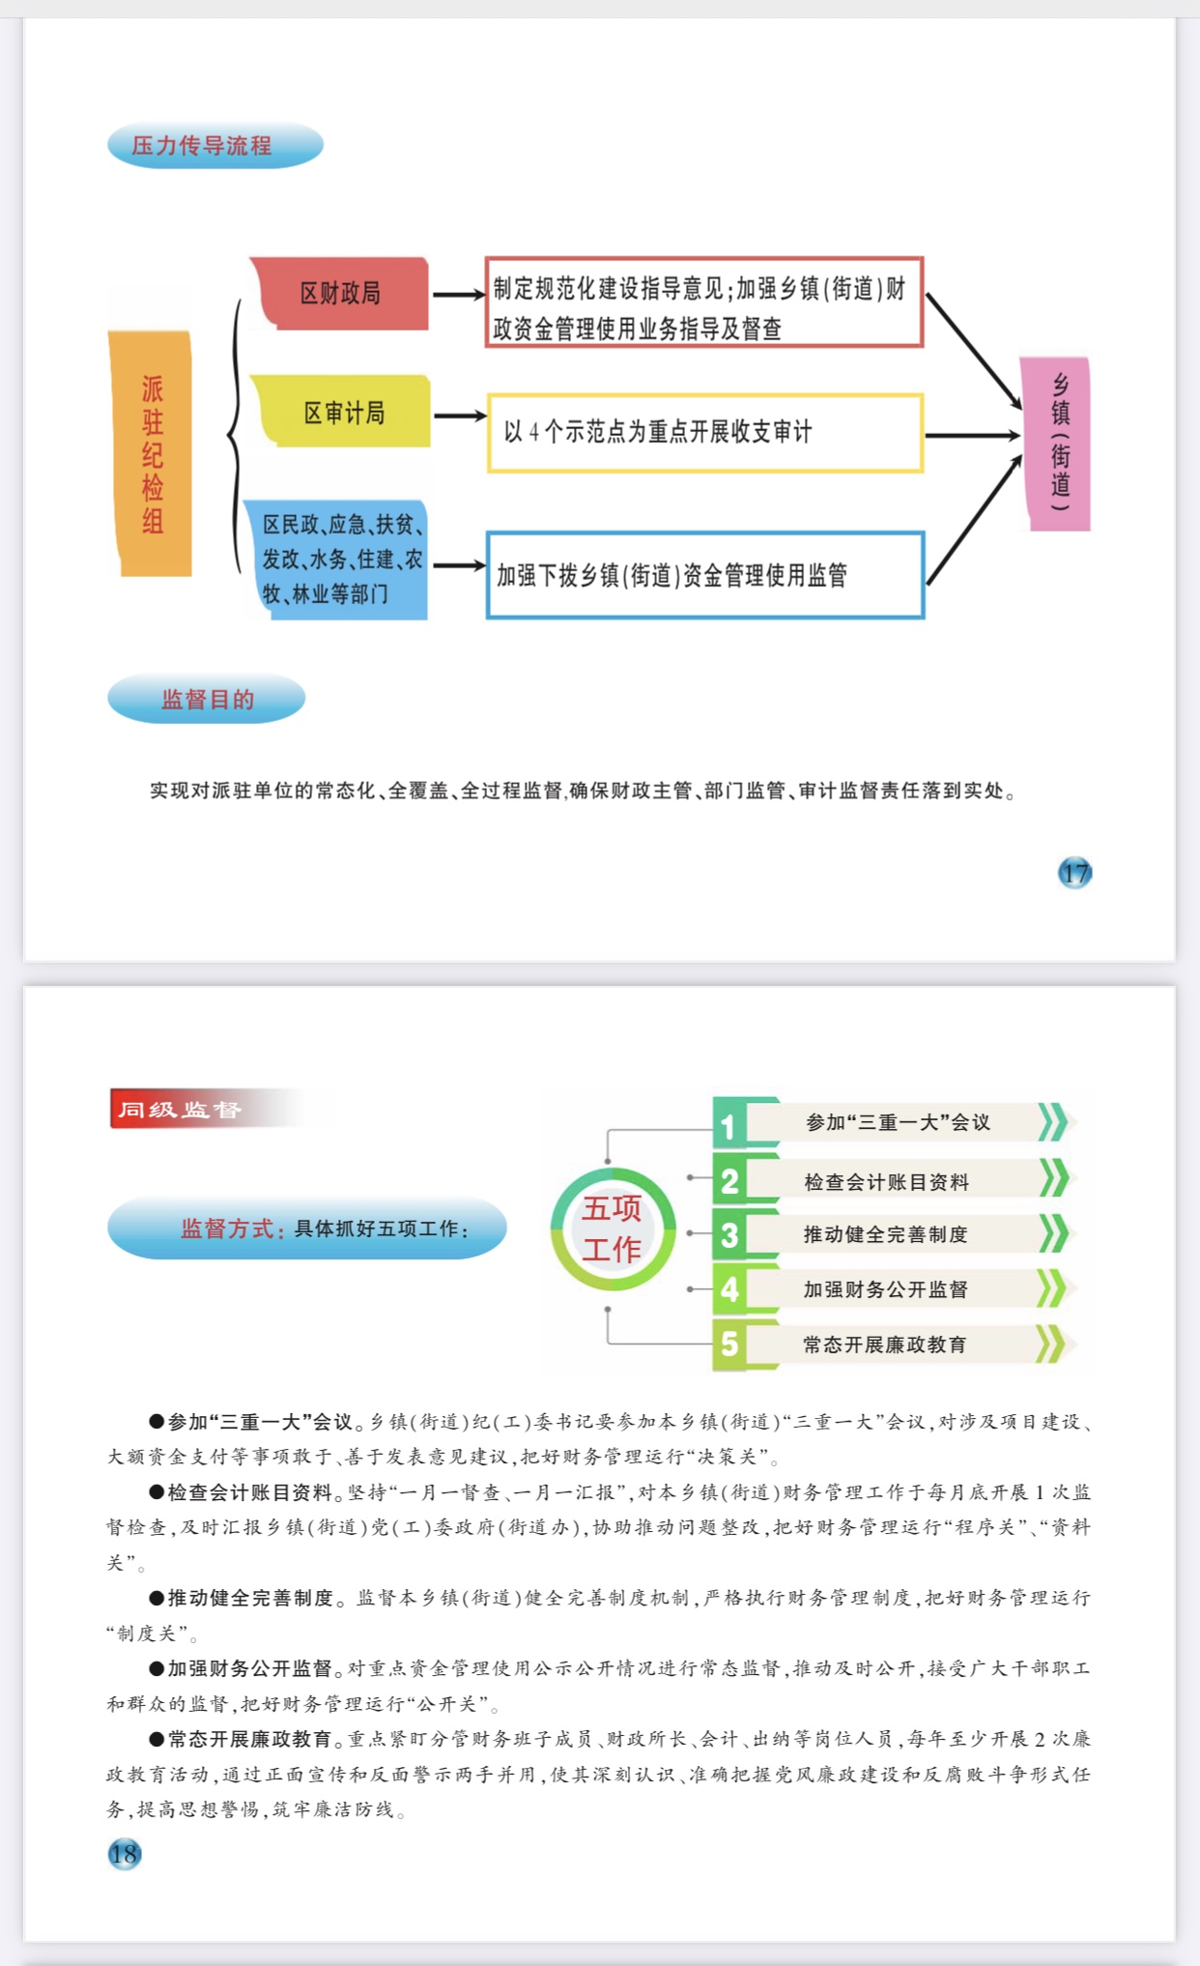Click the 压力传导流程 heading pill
pyautogui.click(x=214, y=146)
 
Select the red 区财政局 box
pyautogui.click(x=340, y=293)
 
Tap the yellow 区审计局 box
pyautogui.click(x=343, y=412)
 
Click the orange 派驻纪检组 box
pyautogui.click(x=150, y=453)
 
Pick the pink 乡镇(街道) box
pyautogui.click(x=1056, y=444)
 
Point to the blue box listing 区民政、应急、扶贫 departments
pyautogui.click(x=336, y=559)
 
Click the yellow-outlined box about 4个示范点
pyautogui.click(x=705, y=432)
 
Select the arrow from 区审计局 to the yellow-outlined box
pyautogui.click(x=460, y=416)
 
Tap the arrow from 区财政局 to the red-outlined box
pyautogui.click(x=459, y=294)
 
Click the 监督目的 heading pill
pyautogui.click(x=206, y=699)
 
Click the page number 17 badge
pyautogui.click(x=1074, y=873)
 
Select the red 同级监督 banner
pyautogui.click(x=222, y=1109)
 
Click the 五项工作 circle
pyautogui.click(x=613, y=1229)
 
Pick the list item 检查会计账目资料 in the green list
pyautogui.click(x=886, y=1181)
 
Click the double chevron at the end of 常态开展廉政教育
pyautogui.click(x=1053, y=1344)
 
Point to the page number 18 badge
pyautogui.click(x=125, y=1854)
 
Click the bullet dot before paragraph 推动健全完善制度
pyautogui.click(x=157, y=1597)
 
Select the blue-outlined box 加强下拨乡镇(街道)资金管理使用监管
pyautogui.click(x=705, y=575)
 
